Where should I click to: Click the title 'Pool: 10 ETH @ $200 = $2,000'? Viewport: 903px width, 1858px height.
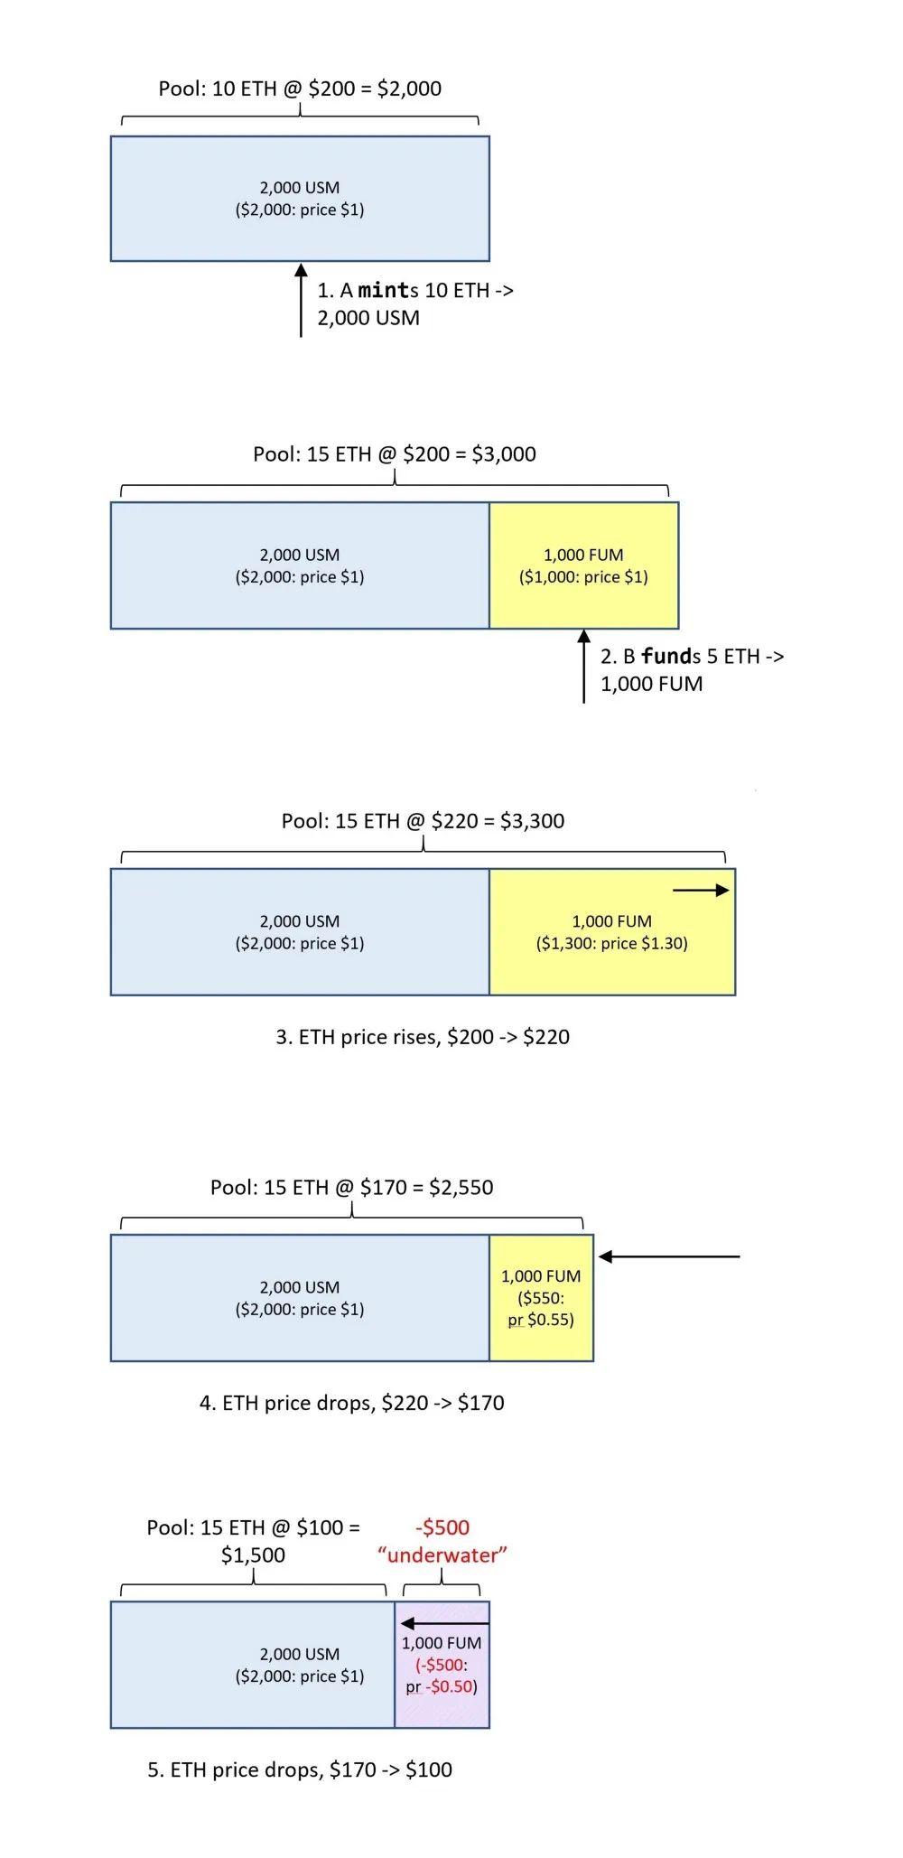[x=300, y=89]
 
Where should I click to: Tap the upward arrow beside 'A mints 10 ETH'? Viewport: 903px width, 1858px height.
[x=301, y=300]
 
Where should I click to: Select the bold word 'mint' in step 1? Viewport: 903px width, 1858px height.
[x=384, y=290]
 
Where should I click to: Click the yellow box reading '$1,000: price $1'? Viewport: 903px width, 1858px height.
[x=583, y=565]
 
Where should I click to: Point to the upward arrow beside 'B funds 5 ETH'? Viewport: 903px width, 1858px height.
[x=583, y=667]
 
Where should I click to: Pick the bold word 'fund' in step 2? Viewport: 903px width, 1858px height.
[x=666, y=656]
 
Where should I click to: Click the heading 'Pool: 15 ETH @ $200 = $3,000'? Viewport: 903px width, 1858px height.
[x=395, y=453]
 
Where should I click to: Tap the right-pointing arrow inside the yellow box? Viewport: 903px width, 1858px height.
[x=701, y=890]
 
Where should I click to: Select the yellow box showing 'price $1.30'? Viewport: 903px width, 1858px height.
[x=612, y=932]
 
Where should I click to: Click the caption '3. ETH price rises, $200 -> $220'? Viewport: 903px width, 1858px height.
[x=423, y=1036]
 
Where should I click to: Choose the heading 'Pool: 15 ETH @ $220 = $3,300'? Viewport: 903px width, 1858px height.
[x=423, y=820]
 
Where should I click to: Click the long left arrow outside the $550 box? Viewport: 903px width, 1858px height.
[x=669, y=1256]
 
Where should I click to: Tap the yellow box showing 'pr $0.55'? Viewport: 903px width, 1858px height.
[x=541, y=1298]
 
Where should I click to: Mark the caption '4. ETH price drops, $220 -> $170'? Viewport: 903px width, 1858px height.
[x=351, y=1403]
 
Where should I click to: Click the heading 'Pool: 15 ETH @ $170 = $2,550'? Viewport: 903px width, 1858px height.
[x=351, y=1187]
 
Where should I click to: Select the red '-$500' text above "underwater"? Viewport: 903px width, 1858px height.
[x=442, y=1527]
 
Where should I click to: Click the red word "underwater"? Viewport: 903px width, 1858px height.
[x=442, y=1555]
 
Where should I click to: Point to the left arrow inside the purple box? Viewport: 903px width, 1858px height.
[x=444, y=1623]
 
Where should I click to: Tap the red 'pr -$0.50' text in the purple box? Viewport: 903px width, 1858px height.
[x=441, y=1686]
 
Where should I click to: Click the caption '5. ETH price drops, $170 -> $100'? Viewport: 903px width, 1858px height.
[x=300, y=1769]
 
